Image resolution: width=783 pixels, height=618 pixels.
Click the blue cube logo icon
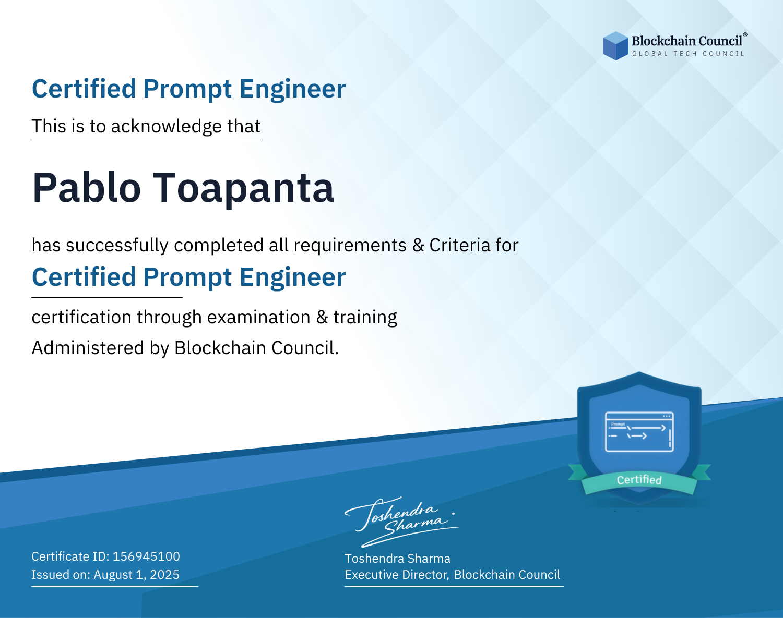click(x=615, y=46)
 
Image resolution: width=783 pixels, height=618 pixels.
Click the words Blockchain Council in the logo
click(x=687, y=41)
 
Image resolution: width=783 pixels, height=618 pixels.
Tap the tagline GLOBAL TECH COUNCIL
click(x=689, y=54)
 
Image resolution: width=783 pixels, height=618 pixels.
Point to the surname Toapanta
click(x=243, y=188)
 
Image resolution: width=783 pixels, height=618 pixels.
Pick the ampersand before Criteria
click(x=418, y=245)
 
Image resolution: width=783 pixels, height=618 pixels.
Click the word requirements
click(x=350, y=246)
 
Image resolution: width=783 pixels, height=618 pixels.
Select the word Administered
click(x=88, y=348)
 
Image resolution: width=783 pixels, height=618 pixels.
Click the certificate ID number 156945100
click(x=146, y=556)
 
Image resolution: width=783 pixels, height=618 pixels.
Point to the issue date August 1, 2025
click(x=136, y=575)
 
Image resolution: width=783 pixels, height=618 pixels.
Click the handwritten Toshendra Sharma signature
click(x=402, y=522)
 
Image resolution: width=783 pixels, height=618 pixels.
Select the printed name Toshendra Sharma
click(x=397, y=559)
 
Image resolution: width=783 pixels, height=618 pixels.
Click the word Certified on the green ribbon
click(x=639, y=480)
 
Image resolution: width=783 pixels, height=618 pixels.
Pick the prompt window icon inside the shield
click(x=639, y=432)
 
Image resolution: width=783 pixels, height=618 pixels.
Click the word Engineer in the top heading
click(x=292, y=89)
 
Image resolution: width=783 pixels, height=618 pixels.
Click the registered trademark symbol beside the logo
click(x=745, y=34)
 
